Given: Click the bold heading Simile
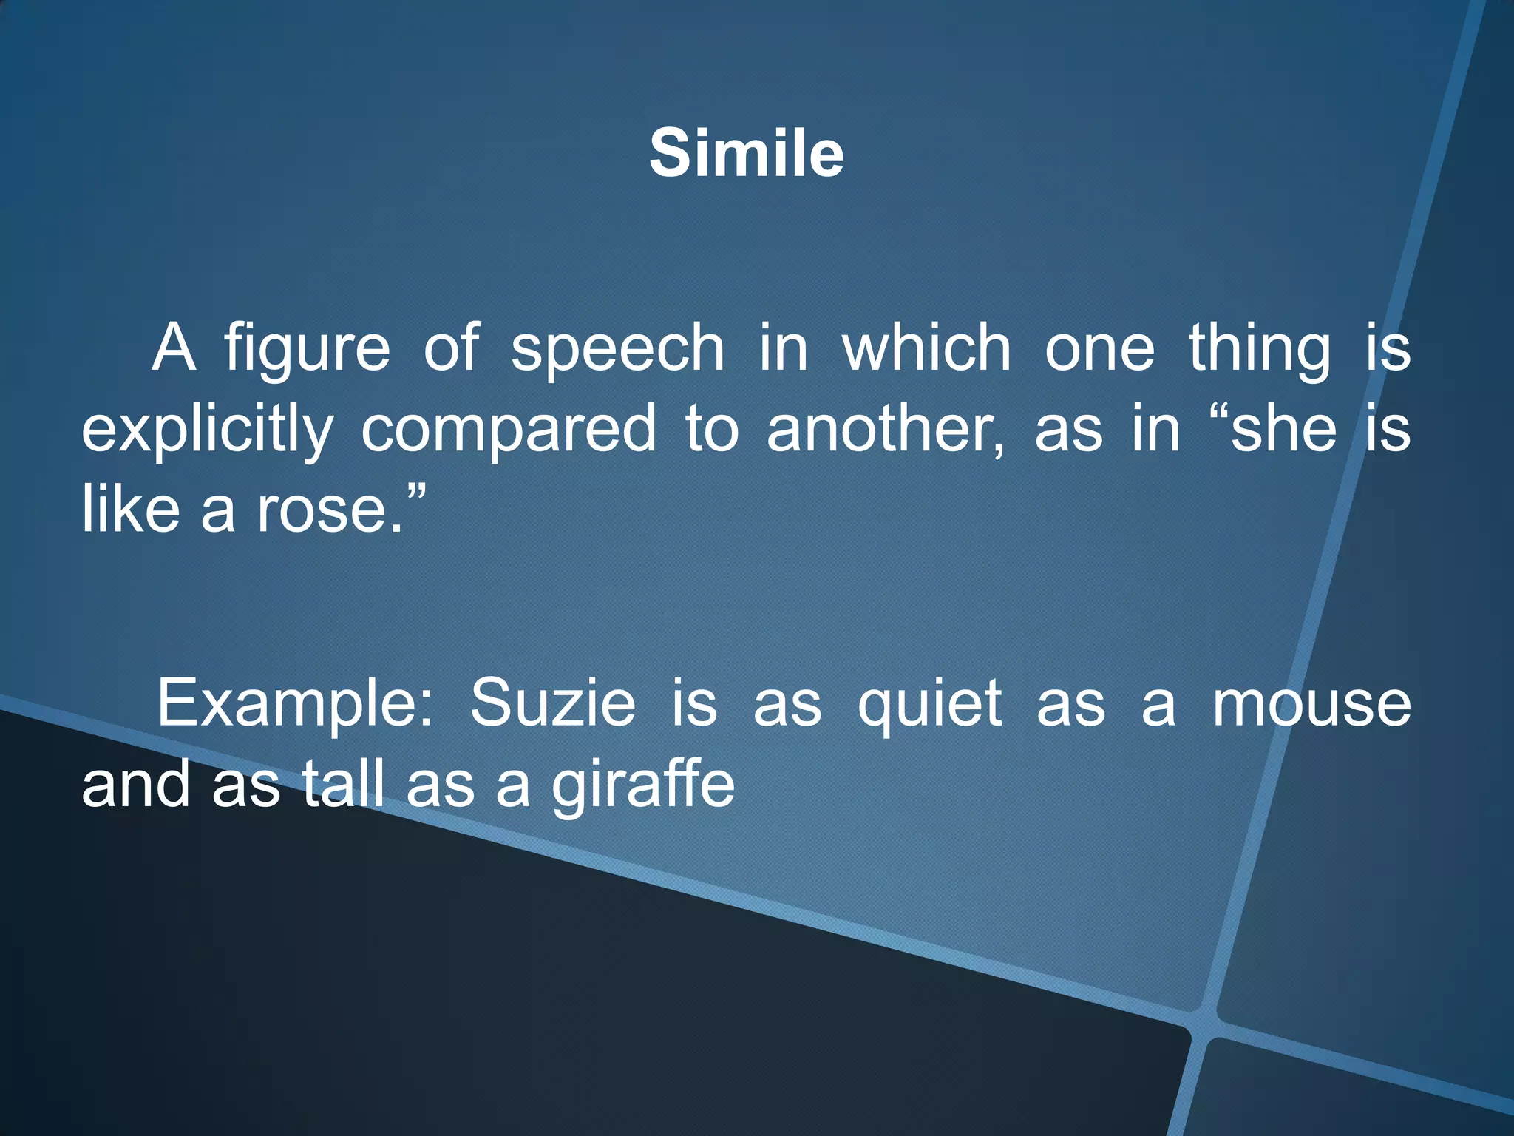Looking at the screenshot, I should (x=747, y=154).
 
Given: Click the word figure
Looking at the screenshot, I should (x=307, y=349).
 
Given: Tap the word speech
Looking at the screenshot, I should (x=618, y=349).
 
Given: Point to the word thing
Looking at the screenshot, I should (x=1260, y=349).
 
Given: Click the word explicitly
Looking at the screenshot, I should (x=207, y=430).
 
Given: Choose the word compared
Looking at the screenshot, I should (x=509, y=430).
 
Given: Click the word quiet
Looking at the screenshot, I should (x=929, y=704).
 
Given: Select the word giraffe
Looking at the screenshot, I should (x=643, y=785).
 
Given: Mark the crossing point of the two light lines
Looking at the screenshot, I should (x=1202, y=1024).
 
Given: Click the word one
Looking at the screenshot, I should (x=1099, y=349).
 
